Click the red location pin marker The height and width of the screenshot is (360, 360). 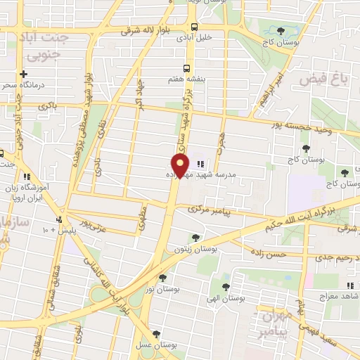181,166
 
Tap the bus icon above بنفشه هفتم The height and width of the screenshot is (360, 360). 186,68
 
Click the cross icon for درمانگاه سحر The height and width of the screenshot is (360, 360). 24,74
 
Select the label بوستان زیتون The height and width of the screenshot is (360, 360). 195,249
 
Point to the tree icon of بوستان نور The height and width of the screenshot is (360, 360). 163,278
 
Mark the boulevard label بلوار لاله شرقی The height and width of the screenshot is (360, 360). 147,31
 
